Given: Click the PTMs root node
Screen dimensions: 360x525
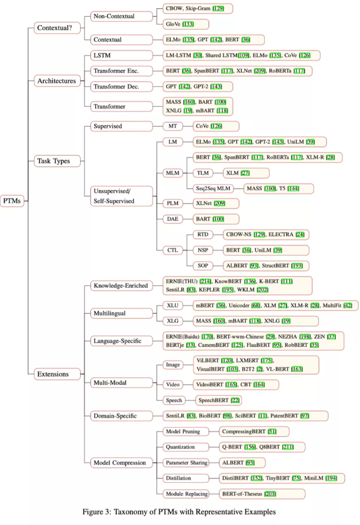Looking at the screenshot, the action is pos(13,201).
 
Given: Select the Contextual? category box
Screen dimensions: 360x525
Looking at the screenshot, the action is pos(57,28).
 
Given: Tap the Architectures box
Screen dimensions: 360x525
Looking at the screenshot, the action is pos(57,81).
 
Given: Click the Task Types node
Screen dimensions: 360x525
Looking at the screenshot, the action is pos(57,161).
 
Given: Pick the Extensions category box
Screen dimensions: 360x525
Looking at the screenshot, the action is pos(57,374).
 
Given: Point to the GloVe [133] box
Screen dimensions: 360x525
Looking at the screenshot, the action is pos(186,24).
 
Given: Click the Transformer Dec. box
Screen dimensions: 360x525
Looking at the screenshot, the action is pos(121,87).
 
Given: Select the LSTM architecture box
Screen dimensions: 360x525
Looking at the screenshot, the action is pos(121,56).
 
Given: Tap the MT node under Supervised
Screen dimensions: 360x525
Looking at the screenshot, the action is pos(172,126).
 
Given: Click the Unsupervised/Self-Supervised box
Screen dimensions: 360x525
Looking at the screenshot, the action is pos(121,196).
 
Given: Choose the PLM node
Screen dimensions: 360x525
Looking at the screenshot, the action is pos(172,203).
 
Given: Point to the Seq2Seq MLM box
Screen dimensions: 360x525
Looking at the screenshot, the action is pos(213,188).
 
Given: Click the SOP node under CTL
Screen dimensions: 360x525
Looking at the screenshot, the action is pos(203,266).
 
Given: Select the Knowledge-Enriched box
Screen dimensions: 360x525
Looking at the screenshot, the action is pos(121,285).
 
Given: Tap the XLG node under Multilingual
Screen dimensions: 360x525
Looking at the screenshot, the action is pos(172,321).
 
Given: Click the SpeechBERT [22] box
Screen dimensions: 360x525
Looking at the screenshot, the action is pos(218,400).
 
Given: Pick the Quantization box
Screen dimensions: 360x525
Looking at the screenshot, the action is pos(186,447).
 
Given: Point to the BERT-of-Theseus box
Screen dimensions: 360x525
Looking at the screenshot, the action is pos(262,494).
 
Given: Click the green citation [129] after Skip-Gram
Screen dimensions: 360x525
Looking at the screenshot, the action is pos(218,8).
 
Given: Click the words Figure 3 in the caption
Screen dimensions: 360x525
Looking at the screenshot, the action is pos(96,512).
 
